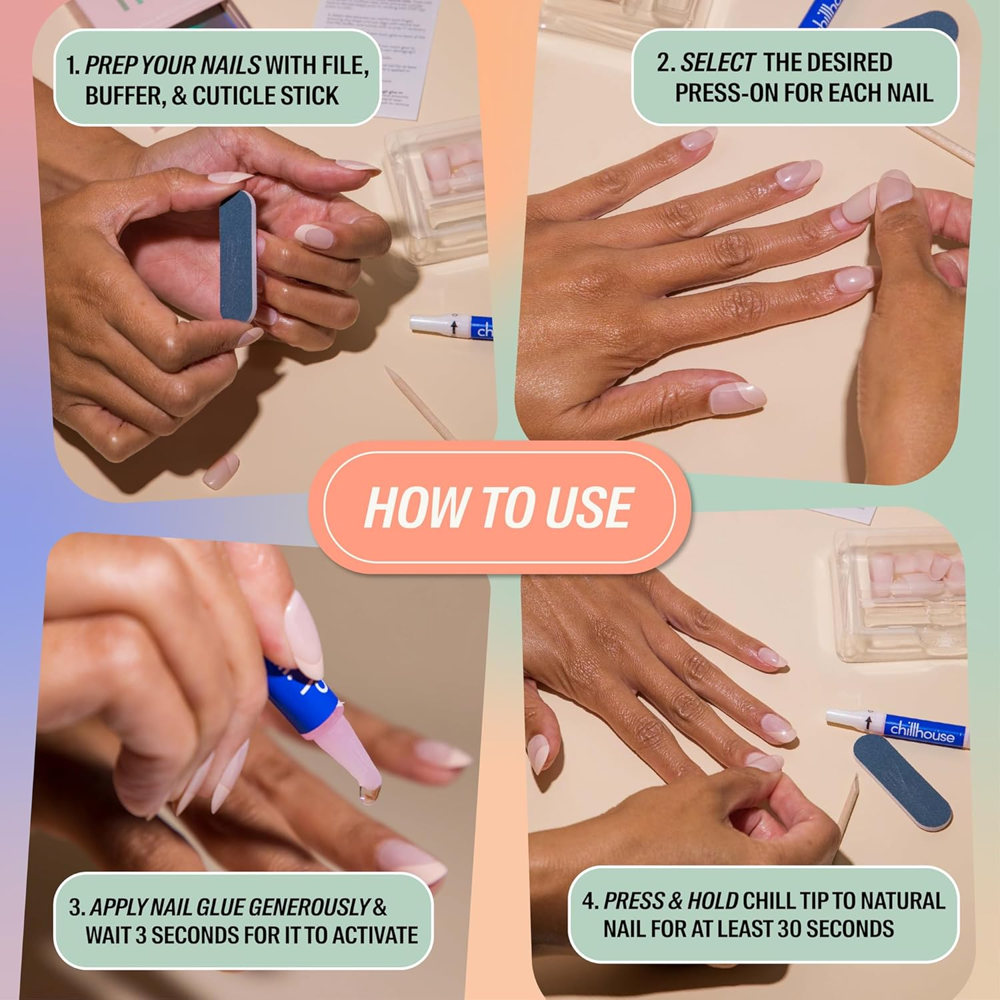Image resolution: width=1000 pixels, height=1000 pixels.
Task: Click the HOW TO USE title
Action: pyautogui.click(x=499, y=507)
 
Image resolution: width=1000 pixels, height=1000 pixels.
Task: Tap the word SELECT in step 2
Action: pyautogui.click(x=717, y=63)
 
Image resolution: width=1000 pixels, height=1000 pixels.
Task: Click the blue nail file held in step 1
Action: pyautogui.click(x=239, y=256)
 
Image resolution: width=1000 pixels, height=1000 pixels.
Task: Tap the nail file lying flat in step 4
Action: pyautogui.click(x=901, y=781)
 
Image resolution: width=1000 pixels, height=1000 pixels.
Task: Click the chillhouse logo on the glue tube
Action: pyautogui.click(x=922, y=731)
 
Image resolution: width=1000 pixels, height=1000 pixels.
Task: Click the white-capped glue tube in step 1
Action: pyautogui.click(x=451, y=326)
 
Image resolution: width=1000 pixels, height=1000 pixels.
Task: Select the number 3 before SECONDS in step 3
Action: pyautogui.click(x=140, y=935)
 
